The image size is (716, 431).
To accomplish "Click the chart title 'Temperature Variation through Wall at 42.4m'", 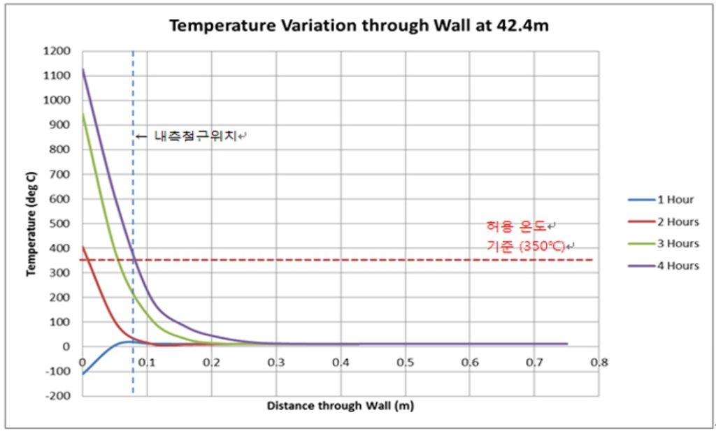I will pos(363,26).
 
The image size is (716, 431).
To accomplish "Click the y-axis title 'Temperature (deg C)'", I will pos(31,224).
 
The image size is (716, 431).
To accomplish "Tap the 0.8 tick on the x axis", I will pos(599,363).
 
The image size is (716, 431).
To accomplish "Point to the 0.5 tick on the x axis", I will pos(405,363).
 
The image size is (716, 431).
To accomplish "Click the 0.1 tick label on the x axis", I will pos(147,363).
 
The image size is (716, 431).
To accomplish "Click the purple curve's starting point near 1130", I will pos(83,69).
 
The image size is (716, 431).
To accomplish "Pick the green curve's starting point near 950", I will pos(83,113).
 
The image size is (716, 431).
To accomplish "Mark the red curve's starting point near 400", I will pos(83,247).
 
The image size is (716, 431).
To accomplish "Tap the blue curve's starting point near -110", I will pos(83,374).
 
